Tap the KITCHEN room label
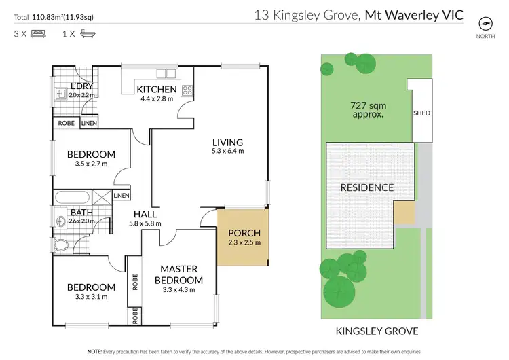click(157, 90)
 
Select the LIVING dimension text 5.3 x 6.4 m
click(227, 151)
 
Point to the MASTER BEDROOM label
click(178, 275)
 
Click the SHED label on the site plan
click(421, 113)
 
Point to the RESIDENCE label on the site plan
click(366, 187)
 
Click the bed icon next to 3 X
click(39, 33)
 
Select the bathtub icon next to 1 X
click(86, 33)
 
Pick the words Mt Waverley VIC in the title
click(414, 14)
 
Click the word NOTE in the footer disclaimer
click(96, 352)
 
